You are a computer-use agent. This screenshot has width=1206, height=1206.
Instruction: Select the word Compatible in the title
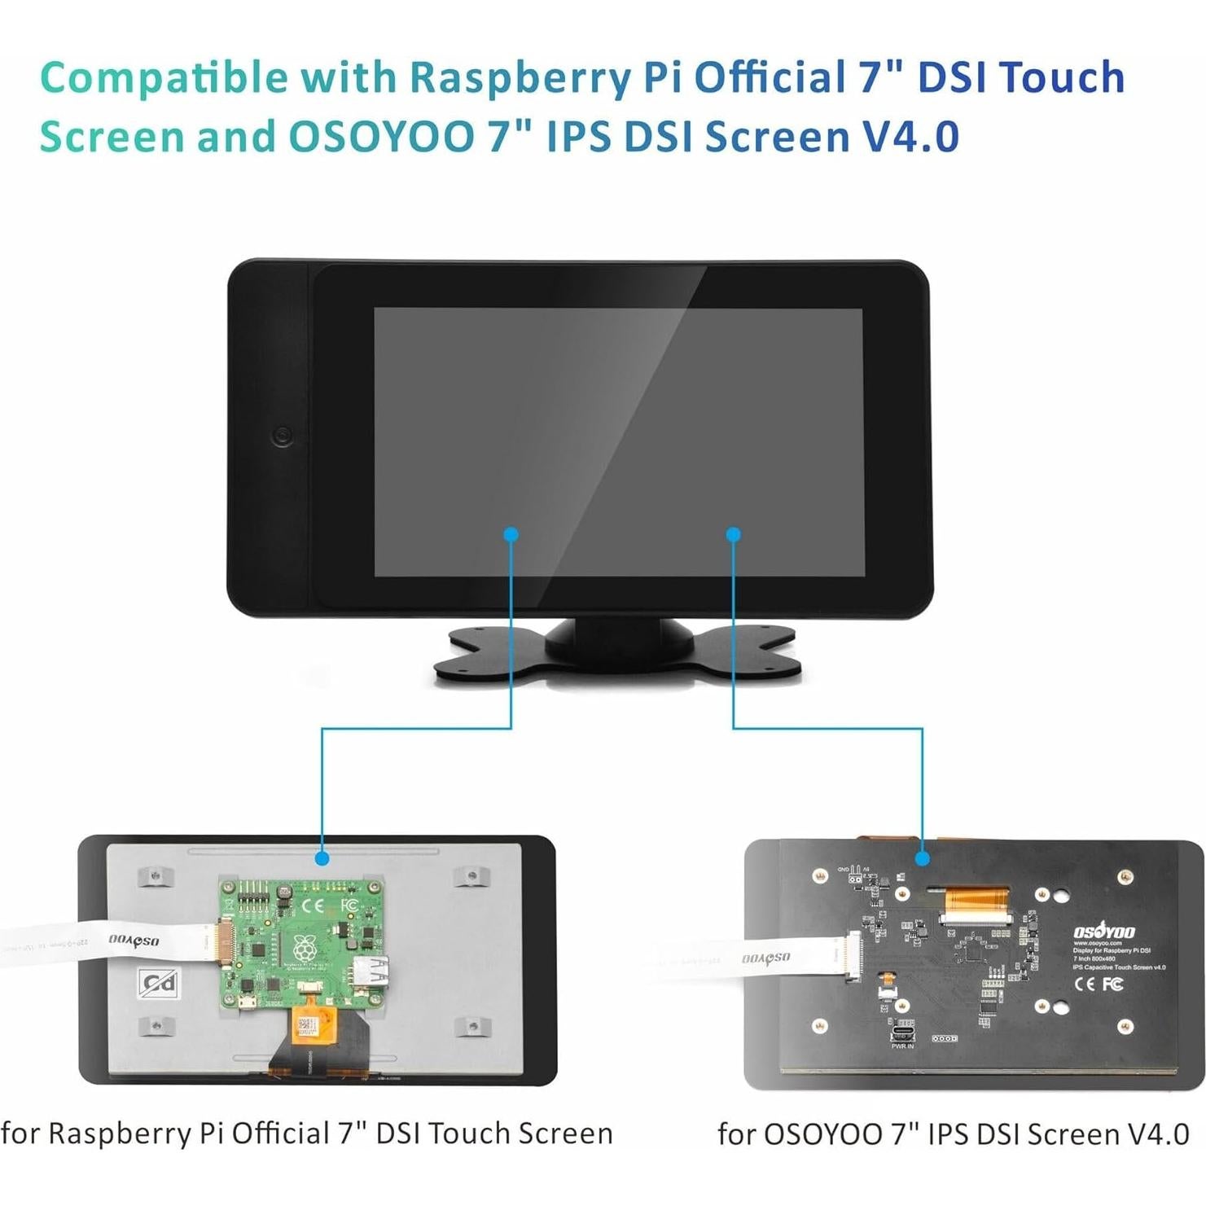[164, 78]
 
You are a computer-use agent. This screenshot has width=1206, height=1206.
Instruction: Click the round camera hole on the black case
[283, 436]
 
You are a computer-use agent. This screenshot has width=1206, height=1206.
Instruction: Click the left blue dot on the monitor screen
[511, 535]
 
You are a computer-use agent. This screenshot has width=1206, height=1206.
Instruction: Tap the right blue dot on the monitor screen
[733, 535]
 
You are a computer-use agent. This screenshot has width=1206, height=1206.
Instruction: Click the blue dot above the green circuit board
[322, 858]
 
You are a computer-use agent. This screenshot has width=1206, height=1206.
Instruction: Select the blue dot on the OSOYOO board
[923, 858]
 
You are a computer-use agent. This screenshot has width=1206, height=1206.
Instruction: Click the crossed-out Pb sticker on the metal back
[159, 984]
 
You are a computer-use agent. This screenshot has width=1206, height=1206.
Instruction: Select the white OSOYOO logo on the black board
[1104, 932]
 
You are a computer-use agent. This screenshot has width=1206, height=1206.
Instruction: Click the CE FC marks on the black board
[1099, 984]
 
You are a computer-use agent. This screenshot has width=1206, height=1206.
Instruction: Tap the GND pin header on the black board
[854, 879]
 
